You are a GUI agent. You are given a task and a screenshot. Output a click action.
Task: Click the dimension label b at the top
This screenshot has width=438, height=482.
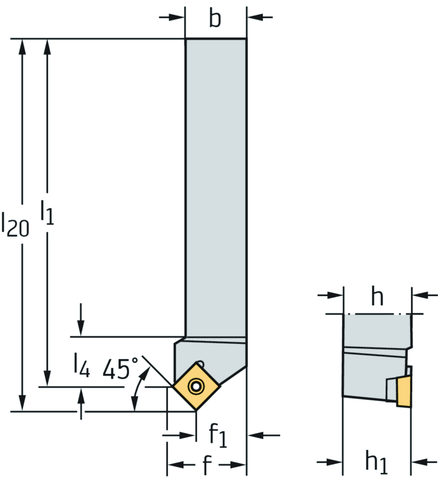click(x=215, y=19)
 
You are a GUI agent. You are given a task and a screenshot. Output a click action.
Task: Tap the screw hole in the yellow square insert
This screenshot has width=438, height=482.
click(x=196, y=386)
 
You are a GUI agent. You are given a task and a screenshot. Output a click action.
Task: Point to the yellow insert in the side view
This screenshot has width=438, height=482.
click(x=403, y=391)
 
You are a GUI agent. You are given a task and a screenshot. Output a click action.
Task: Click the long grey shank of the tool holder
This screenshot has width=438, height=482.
click(x=216, y=184)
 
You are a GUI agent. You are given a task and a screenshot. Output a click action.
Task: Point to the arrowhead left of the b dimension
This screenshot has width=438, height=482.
click(x=178, y=17)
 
